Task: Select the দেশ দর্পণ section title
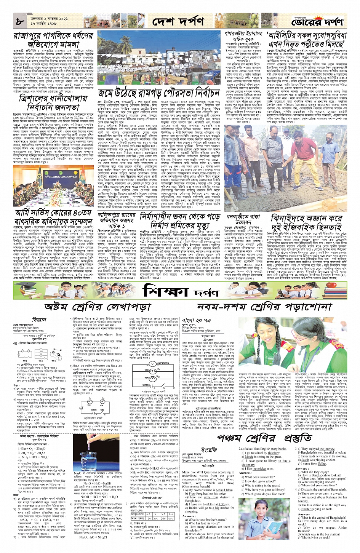[x=178, y=22]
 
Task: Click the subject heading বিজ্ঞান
[x=39, y=320]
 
